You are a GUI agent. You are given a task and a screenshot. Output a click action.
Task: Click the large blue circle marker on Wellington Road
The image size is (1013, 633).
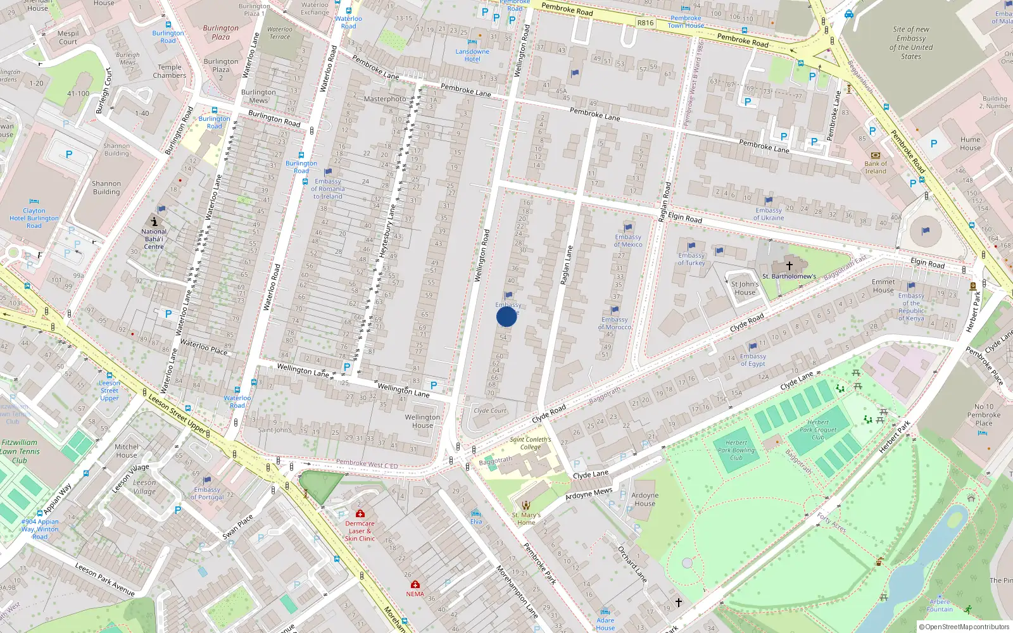pos(507,316)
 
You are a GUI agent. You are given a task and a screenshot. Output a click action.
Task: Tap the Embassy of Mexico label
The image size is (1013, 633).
pos(628,241)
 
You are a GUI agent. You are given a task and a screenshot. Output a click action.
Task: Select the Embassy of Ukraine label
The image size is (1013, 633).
pos(769,214)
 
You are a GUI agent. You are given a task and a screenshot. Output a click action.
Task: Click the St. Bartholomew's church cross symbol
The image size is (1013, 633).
pos(789,266)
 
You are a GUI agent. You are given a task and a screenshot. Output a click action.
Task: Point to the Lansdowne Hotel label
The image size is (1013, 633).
pos(472,55)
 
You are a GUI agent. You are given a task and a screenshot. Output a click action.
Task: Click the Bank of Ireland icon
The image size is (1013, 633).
pos(876,155)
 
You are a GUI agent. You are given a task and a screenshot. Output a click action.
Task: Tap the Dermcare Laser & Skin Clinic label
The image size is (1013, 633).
pos(360,530)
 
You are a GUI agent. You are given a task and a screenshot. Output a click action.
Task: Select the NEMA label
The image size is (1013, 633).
pos(415,594)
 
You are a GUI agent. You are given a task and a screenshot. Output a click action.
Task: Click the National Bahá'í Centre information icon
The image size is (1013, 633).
pos(154,221)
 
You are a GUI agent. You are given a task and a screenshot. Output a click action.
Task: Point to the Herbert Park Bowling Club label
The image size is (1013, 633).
pos(736,450)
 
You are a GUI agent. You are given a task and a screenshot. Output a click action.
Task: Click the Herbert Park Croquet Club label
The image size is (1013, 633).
pos(818,429)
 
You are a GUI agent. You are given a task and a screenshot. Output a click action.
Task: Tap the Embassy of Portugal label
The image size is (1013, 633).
pos(207,493)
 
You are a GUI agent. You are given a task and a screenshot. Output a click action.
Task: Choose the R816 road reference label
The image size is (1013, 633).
pos(645,23)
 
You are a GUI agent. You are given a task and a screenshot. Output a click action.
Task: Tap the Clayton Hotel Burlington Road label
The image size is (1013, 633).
pos(34,218)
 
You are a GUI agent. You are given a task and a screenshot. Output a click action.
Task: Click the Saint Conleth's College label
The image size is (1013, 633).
pos(531,442)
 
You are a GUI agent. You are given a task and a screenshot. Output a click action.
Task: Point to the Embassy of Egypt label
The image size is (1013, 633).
pos(753,360)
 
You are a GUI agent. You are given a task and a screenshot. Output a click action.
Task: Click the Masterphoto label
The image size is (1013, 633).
pos(385,99)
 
